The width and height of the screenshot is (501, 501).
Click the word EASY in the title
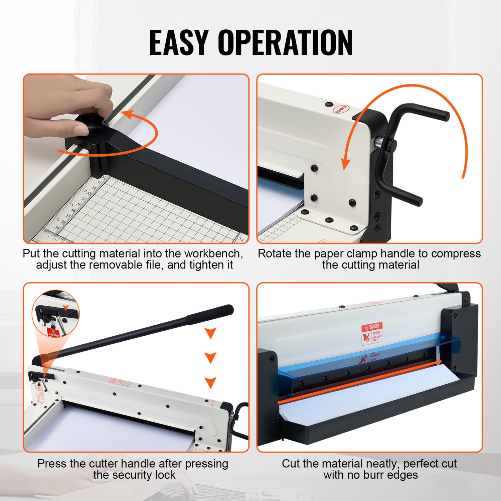179,42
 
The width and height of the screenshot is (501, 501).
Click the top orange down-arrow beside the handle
210,333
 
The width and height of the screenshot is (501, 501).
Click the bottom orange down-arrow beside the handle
210,382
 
